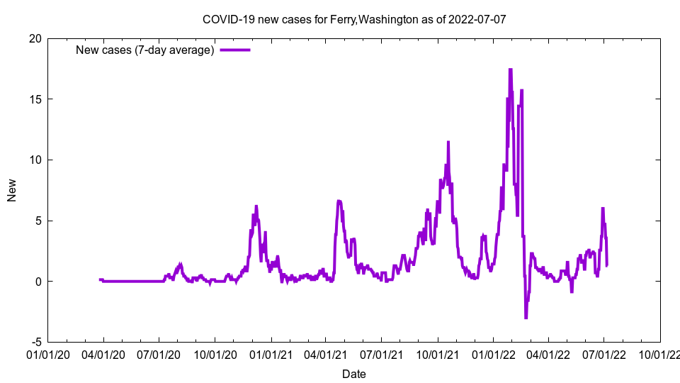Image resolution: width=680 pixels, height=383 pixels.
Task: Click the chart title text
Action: click(x=354, y=19)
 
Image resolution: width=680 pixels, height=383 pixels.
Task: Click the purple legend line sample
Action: click(x=235, y=50)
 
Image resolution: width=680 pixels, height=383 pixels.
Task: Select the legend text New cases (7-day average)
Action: click(x=144, y=50)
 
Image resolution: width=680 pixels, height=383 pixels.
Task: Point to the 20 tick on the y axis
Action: click(x=34, y=38)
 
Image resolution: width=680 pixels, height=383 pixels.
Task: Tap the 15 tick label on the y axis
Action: click(x=34, y=99)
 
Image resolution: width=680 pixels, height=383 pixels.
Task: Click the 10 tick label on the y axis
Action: click(x=34, y=160)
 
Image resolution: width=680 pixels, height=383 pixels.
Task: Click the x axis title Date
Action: click(x=354, y=374)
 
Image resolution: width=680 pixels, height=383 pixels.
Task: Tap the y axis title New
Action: click(x=12, y=190)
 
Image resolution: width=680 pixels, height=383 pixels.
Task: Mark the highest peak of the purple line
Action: click(x=510, y=70)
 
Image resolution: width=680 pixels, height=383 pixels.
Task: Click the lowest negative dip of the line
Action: click(x=526, y=318)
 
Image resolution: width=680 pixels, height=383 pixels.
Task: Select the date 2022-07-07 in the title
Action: click(x=477, y=19)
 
